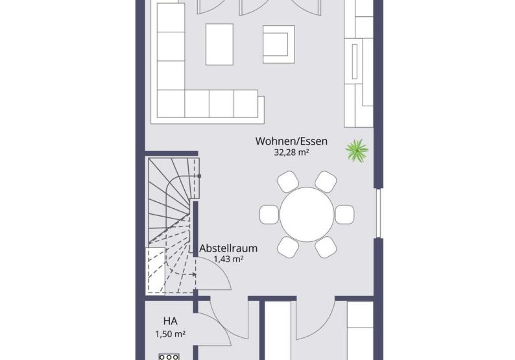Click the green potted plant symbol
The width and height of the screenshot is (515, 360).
357,150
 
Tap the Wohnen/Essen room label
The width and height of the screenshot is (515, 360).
291,141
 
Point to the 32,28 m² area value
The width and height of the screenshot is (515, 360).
291,152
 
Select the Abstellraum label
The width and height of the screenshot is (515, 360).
228,248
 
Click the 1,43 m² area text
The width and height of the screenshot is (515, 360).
228,259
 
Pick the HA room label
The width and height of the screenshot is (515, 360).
171,320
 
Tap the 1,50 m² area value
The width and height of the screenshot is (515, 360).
171,334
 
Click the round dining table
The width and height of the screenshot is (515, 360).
307,215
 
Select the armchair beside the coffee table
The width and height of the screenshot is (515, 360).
278,44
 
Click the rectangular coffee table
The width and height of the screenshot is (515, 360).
219,44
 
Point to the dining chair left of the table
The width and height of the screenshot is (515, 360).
269,215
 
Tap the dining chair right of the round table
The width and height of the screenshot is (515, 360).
344,215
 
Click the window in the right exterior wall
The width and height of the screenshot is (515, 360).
379,213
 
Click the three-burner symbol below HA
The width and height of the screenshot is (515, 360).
169,357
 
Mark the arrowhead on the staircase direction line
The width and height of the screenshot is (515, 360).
195,274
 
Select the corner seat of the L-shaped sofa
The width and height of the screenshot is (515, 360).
171,104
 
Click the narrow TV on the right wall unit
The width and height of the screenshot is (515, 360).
354,62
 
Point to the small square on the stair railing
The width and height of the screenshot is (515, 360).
199,176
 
